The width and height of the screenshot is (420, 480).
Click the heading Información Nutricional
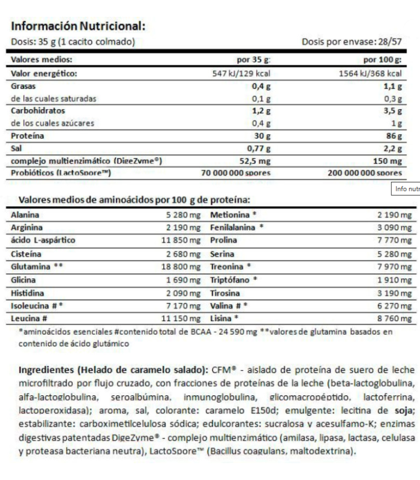tap(78, 26)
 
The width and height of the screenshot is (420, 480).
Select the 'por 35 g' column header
tap(254, 60)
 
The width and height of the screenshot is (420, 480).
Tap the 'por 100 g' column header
tap(383, 60)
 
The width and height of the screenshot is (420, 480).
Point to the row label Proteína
tap(28, 136)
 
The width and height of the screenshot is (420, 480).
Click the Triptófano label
tap(230, 280)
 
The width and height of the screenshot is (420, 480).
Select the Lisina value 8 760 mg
tap(394, 318)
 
